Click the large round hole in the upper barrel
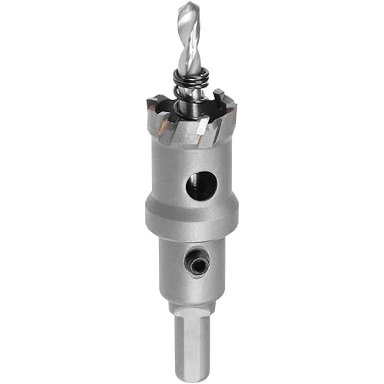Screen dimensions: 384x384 point(202,185)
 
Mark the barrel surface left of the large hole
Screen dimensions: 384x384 point(165,184)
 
